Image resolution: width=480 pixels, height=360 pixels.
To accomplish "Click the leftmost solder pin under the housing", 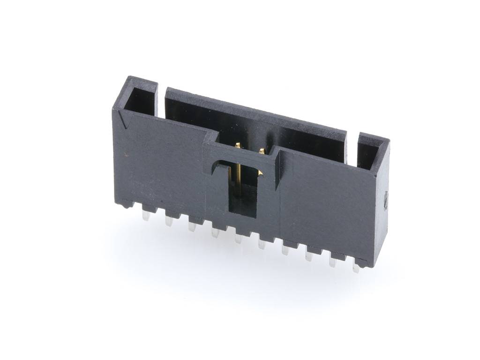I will (146, 216).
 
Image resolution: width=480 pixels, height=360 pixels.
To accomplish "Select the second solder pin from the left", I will (169, 221).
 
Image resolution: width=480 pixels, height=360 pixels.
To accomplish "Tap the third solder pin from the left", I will (192, 227).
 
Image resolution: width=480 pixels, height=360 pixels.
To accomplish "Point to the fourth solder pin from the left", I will (215, 233).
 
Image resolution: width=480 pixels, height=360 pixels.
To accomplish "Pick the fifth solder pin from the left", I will (239, 239).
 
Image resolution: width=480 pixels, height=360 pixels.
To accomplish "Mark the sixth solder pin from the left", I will (262, 244).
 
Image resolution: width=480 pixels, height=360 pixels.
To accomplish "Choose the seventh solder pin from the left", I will (285, 250).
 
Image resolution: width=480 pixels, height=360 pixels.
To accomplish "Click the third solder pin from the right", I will (309, 256).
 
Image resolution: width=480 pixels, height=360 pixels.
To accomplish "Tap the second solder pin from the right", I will (332, 262).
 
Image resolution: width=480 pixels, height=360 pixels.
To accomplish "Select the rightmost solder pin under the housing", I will (356, 268).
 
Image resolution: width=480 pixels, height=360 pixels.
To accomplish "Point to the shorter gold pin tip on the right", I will (262, 151).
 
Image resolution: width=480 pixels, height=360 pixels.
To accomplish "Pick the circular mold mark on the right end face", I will (385, 200).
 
